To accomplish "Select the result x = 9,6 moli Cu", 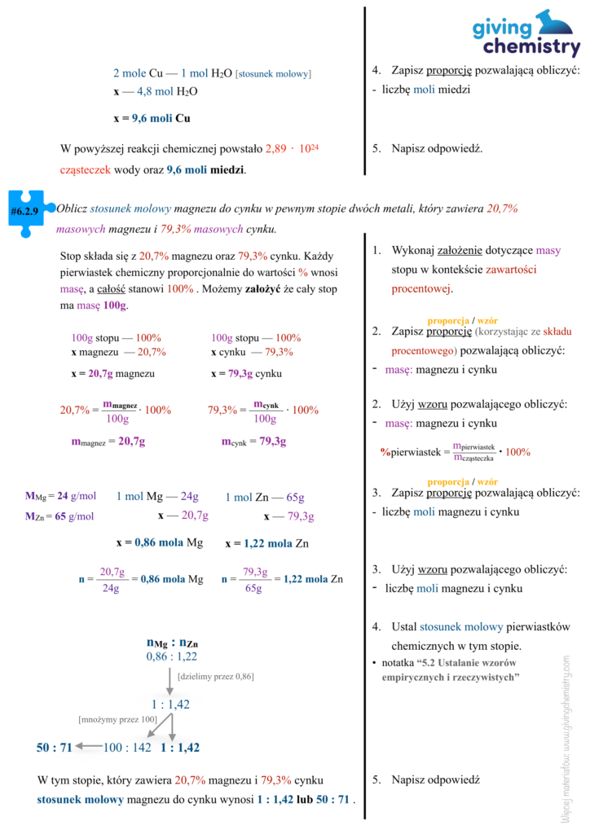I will tap(152, 118).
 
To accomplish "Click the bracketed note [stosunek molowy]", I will tap(273, 74).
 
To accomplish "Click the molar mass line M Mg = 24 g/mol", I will tap(61, 496).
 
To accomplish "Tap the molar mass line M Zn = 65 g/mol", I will tap(60, 516).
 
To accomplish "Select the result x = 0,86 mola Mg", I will tap(160, 543).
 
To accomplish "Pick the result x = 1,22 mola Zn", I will tap(266, 543).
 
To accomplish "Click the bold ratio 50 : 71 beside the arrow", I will tap(55, 748).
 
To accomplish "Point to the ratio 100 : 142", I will tap(127, 748).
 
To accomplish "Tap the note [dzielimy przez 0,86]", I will tap(215, 676).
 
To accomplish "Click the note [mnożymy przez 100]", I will tap(117, 720).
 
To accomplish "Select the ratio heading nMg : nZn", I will tap(172, 643).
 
